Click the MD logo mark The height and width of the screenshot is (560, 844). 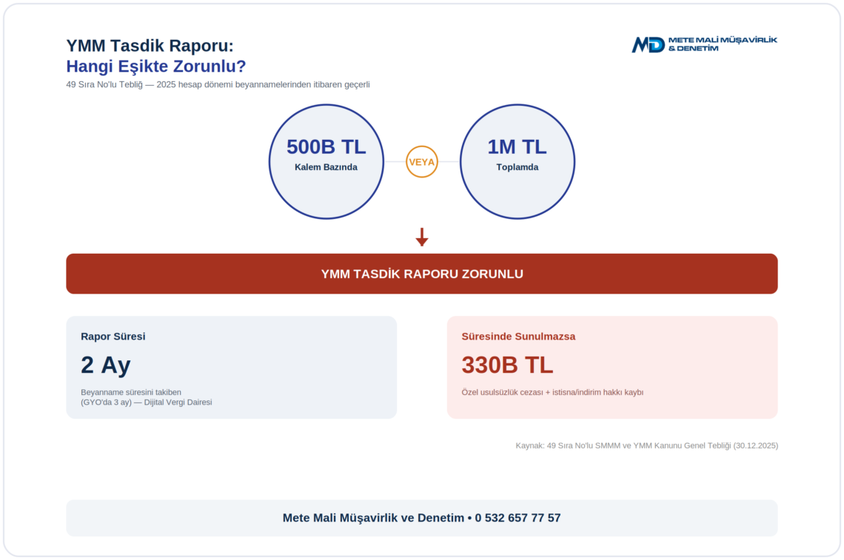click(648, 44)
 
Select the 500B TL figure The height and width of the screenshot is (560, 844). click(326, 147)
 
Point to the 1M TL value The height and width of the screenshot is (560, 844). click(517, 147)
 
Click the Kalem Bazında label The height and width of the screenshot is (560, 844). click(326, 167)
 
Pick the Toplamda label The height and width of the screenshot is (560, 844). click(518, 167)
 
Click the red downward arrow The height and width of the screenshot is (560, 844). click(422, 237)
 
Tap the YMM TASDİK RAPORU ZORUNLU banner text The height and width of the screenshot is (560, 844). click(422, 274)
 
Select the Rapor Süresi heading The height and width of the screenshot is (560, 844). click(113, 336)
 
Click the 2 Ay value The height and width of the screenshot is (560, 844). click(105, 365)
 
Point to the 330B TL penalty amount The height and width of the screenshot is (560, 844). click(507, 365)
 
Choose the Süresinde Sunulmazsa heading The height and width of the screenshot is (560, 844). click(518, 336)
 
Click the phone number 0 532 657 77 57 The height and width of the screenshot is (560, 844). click(518, 518)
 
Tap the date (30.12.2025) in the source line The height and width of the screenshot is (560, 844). click(756, 445)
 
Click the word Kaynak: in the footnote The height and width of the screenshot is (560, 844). click(530, 445)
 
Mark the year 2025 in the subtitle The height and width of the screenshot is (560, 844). click(167, 84)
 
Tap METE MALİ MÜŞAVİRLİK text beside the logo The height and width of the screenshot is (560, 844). click(723, 40)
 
